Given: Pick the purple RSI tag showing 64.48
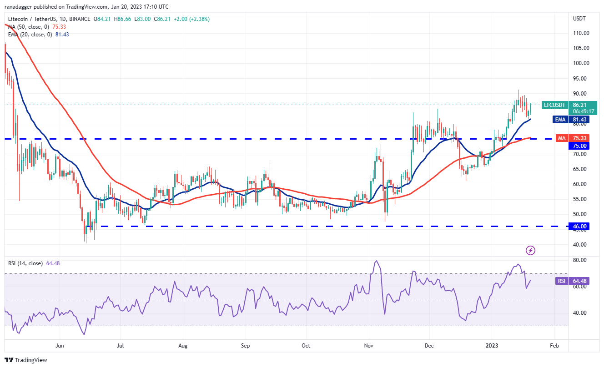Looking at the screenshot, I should coord(561,281).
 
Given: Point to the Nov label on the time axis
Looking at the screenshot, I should coord(368,346).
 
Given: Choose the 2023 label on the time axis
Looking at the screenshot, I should coord(492,346).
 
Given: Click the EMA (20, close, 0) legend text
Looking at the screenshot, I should coord(30,34).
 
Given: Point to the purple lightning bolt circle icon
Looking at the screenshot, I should coord(530,250).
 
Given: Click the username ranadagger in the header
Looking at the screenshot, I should coord(22,7).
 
